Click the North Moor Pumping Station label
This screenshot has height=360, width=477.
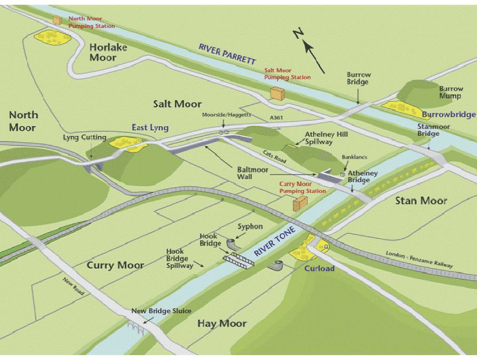click(91, 22)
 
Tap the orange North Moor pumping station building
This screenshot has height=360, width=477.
click(57, 20)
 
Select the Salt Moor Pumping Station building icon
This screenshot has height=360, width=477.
click(278, 93)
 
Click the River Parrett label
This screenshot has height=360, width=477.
click(228, 55)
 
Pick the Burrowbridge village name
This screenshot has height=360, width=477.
click(449, 114)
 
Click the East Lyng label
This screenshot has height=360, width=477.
click(151, 128)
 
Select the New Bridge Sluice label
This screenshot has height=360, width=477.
click(162, 310)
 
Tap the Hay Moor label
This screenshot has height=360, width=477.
click(222, 324)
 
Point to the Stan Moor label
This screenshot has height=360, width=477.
click(421, 201)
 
